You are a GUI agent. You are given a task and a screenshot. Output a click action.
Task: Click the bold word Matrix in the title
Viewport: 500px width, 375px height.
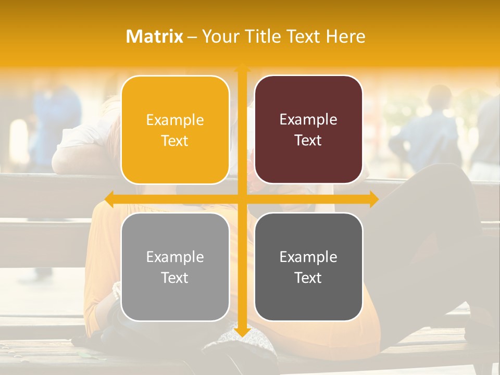155,36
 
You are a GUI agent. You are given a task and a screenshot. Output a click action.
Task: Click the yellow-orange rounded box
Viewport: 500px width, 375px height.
175,130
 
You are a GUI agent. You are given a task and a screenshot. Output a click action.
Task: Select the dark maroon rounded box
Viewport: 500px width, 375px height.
308,130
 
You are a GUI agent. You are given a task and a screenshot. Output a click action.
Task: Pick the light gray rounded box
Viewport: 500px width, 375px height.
175,267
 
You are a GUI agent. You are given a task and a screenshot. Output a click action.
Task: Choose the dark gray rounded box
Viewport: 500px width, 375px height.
308,267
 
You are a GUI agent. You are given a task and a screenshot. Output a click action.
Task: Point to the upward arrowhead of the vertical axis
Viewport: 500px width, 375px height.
242,67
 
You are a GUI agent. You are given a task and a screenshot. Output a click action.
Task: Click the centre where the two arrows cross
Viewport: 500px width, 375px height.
242,199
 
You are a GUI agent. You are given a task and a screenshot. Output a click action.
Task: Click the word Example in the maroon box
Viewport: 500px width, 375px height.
308,120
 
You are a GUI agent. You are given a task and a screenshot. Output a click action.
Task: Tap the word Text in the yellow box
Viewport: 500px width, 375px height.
175,141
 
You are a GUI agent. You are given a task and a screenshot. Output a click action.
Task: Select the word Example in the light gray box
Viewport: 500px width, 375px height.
175,257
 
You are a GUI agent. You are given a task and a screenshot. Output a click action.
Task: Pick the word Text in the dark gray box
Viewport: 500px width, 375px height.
308,278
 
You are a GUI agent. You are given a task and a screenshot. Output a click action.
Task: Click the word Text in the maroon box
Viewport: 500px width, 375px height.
308,141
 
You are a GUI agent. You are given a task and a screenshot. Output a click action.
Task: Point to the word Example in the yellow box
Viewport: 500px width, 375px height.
175,120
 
